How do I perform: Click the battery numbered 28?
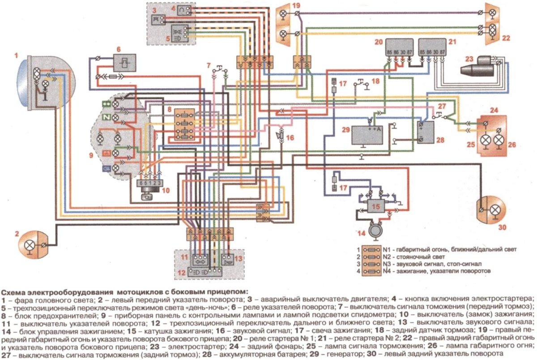click(423, 132)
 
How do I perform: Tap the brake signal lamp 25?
click(485, 140)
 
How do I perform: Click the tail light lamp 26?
click(499, 140)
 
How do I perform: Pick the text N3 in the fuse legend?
click(388, 264)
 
